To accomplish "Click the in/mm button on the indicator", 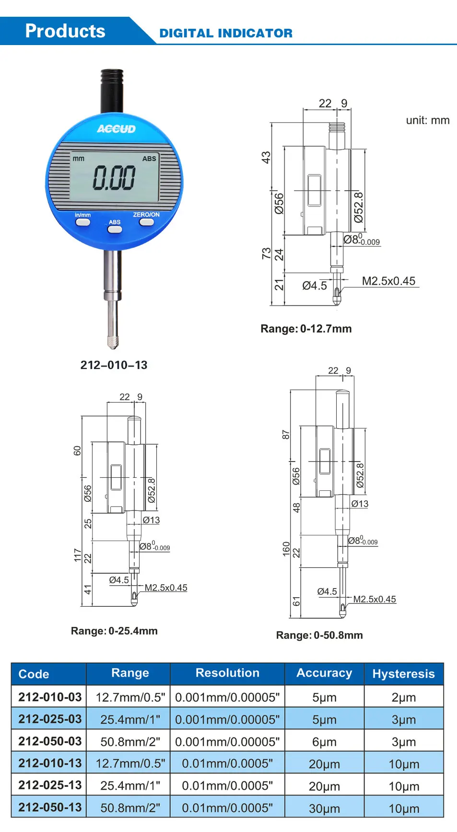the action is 83,222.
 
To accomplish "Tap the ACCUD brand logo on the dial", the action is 116,129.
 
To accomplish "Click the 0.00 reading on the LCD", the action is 114,178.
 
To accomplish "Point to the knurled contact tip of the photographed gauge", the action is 113,342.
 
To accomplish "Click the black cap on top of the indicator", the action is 112,91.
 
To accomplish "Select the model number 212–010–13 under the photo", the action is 114,365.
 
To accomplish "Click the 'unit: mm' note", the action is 428,120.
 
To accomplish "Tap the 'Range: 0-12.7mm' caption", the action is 306,329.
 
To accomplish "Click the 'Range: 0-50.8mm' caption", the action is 319,635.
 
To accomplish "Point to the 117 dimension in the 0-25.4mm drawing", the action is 77,555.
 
